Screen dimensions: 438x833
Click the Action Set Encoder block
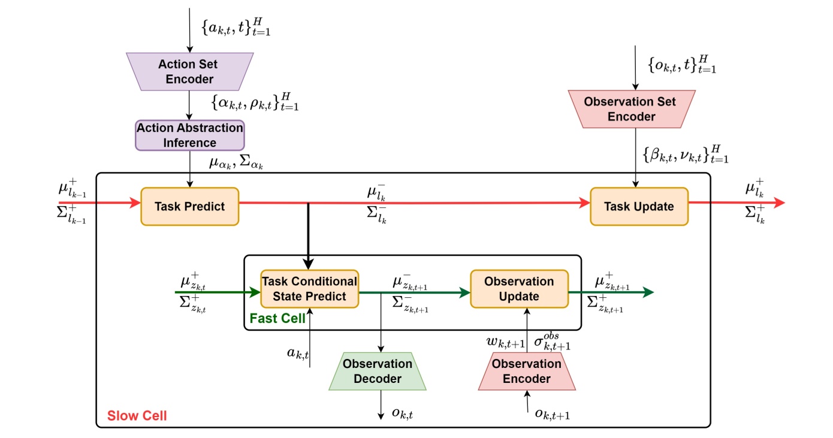coord(188,71)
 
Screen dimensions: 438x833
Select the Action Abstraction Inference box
coord(189,135)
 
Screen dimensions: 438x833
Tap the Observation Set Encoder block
coord(631,109)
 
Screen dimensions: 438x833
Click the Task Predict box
coord(189,207)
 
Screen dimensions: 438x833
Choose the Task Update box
coord(639,207)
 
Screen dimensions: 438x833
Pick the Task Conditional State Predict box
coord(309,289)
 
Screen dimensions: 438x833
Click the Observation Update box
coord(519,289)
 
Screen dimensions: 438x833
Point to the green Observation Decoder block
coord(378,371)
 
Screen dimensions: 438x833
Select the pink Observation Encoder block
coord(527,371)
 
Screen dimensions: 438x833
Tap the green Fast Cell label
coord(277,318)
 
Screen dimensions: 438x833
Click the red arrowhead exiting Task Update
coord(778,203)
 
